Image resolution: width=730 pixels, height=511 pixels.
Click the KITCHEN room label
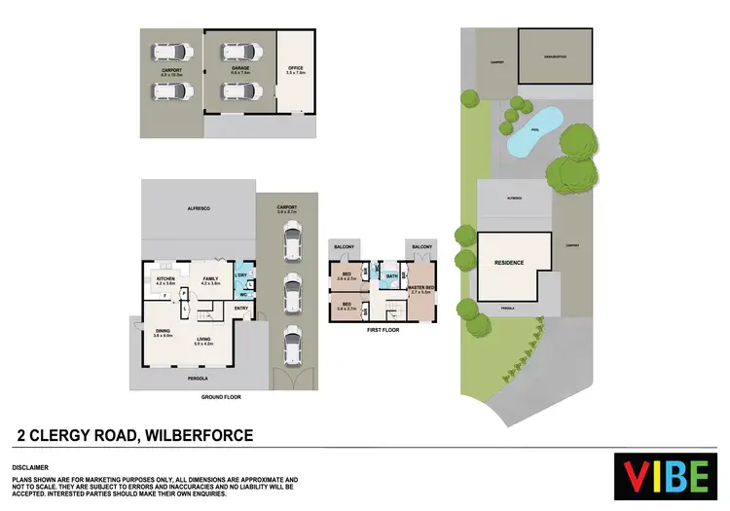pos(164,278)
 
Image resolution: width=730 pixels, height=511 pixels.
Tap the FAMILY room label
pos(211,278)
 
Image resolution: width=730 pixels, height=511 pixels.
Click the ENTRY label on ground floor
pos(240,309)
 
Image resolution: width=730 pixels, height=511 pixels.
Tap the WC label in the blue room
pos(243,293)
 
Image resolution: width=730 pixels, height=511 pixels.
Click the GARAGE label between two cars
pos(240,70)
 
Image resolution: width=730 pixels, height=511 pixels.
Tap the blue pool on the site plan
pos(534,132)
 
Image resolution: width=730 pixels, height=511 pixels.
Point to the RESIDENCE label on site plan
pos(509,263)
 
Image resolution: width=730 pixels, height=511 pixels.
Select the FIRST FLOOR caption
pos(383,330)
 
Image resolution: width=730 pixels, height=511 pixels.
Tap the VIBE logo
pos(667,475)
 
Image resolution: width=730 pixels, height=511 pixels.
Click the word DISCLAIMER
pos(32,467)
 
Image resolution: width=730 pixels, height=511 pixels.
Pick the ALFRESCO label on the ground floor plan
pos(200,209)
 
